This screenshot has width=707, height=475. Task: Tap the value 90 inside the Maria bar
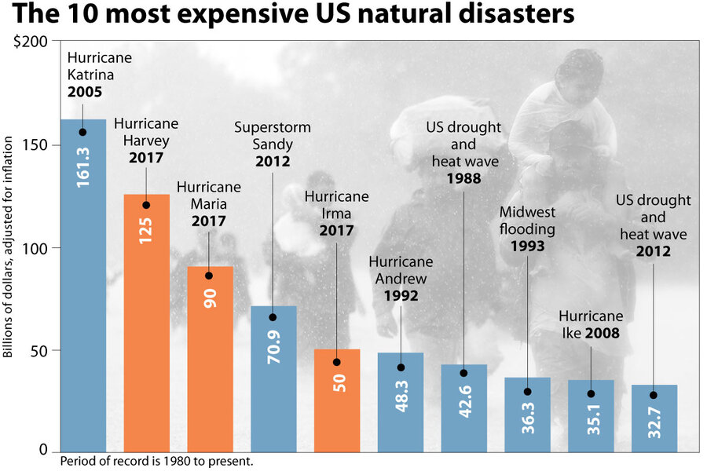pos(210,298)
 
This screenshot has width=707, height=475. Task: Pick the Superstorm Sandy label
pos(273,144)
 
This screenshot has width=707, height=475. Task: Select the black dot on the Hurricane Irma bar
pos(337,362)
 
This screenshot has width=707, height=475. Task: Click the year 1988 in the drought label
pos(463,179)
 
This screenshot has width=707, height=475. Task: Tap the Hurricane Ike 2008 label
pos(591,325)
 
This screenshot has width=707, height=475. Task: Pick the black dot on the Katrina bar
pos(82,132)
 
